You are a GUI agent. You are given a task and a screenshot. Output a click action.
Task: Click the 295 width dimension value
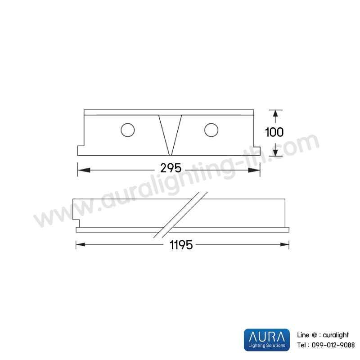(x=171, y=168)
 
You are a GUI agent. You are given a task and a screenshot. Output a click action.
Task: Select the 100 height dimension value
(x=274, y=132)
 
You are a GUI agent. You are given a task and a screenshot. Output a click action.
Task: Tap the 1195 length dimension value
(x=181, y=245)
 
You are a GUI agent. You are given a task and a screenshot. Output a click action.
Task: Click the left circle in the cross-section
(x=128, y=130)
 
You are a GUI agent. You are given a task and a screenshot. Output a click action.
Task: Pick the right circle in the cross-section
(x=211, y=130)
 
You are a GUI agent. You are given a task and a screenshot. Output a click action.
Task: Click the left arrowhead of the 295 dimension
(x=84, y=170)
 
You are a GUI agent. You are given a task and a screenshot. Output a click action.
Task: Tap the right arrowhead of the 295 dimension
(x=254, y=170)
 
